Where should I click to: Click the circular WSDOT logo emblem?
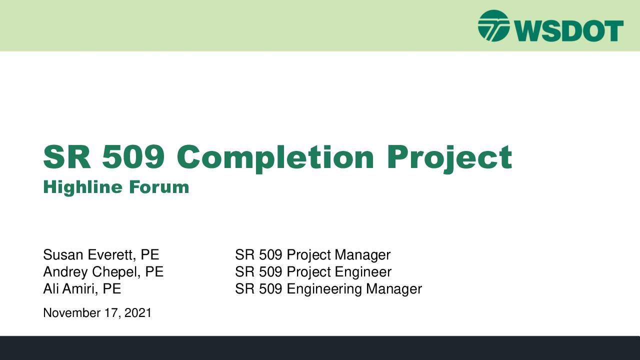coord(493,26)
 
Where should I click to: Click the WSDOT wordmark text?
coord(569,31)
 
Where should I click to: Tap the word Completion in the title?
coord(275,158)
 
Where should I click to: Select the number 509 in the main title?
coord(133,157)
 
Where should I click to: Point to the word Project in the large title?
coord(449,158)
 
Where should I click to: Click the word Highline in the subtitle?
coord(83,187)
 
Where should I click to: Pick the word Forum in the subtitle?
coord(159,187)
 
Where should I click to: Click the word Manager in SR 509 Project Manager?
coord(362,255)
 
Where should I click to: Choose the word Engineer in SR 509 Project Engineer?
coord(363,272)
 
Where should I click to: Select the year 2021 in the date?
coord(137,313)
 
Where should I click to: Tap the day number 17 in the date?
coord(110,313)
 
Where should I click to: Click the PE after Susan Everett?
coord(149,254)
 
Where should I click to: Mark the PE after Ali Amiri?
coord(111,288)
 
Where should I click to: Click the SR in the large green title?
coord(67,157)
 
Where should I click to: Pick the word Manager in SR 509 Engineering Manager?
coord(394,289)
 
